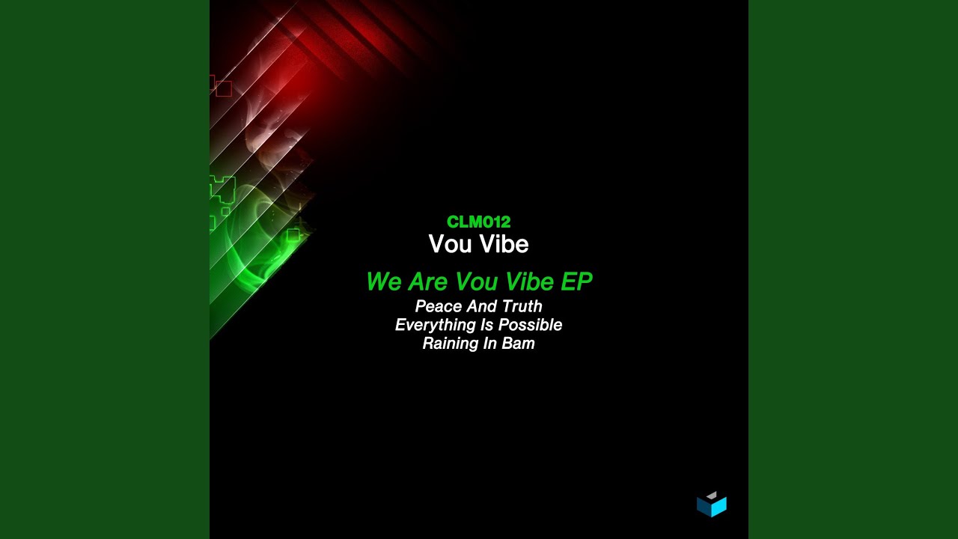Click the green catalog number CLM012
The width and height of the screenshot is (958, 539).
pyautogui.click(x=478, y=222)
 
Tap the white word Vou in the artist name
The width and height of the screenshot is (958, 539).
pyautogui.click(x=450, y=244)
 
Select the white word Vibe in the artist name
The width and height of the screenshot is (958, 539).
pyautogui.click(x=504, y=244)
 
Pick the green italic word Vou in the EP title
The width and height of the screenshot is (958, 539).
pyautogui.click(x=476, y=281)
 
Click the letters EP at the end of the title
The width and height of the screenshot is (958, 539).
pyautogui.click(x=576, y=281)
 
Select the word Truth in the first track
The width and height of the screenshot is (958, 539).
pyautogui.click(x=522, y=306)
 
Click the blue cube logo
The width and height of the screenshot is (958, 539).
pyautogui.click(x=712, y=505)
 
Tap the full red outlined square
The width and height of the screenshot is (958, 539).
pyautogui.click(x=224, y=88)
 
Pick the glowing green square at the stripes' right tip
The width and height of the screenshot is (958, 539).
pyautogui.click(x=293, y=235)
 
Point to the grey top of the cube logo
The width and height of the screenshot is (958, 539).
pyautogui.click(x=712, y=496)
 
